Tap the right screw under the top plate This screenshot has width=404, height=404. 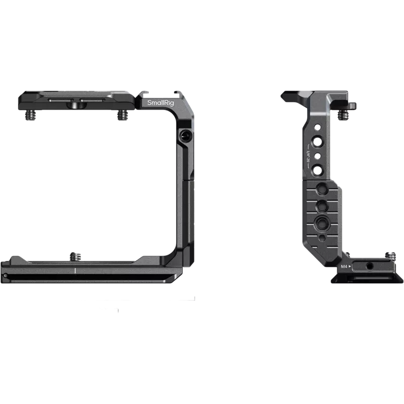click(x=122, y=116)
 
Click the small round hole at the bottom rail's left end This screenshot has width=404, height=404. click(x=5, y=276)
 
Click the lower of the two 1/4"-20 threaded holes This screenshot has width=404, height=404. click(x=318, y=170)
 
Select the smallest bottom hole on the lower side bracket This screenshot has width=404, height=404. click(x=319, y=236)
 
